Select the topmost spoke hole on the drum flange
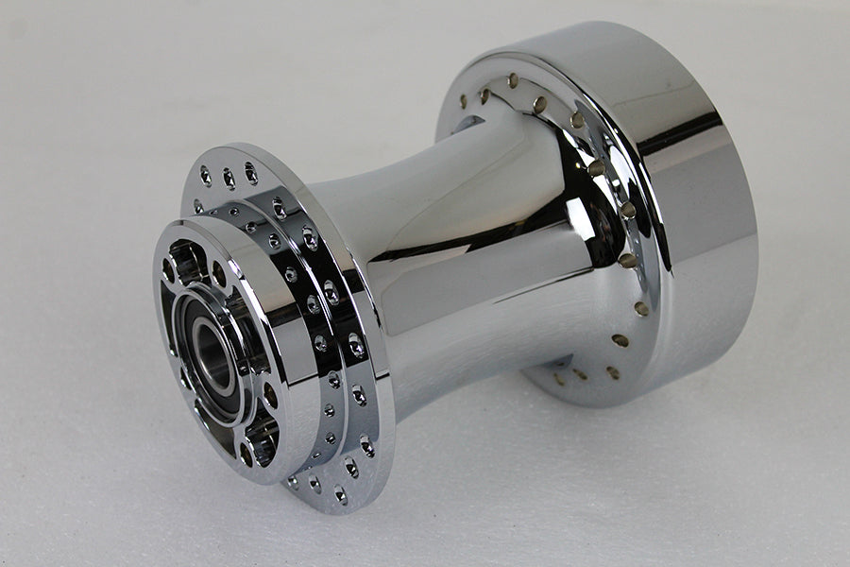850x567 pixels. pyautogui.click(x=513, y=81)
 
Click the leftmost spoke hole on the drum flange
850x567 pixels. pyautogui.click(x=463, y=99)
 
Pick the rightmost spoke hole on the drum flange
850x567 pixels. pyautogui.click(x=642, y=308)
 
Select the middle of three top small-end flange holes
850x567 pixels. pyautogui.click(x=229, y=177)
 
